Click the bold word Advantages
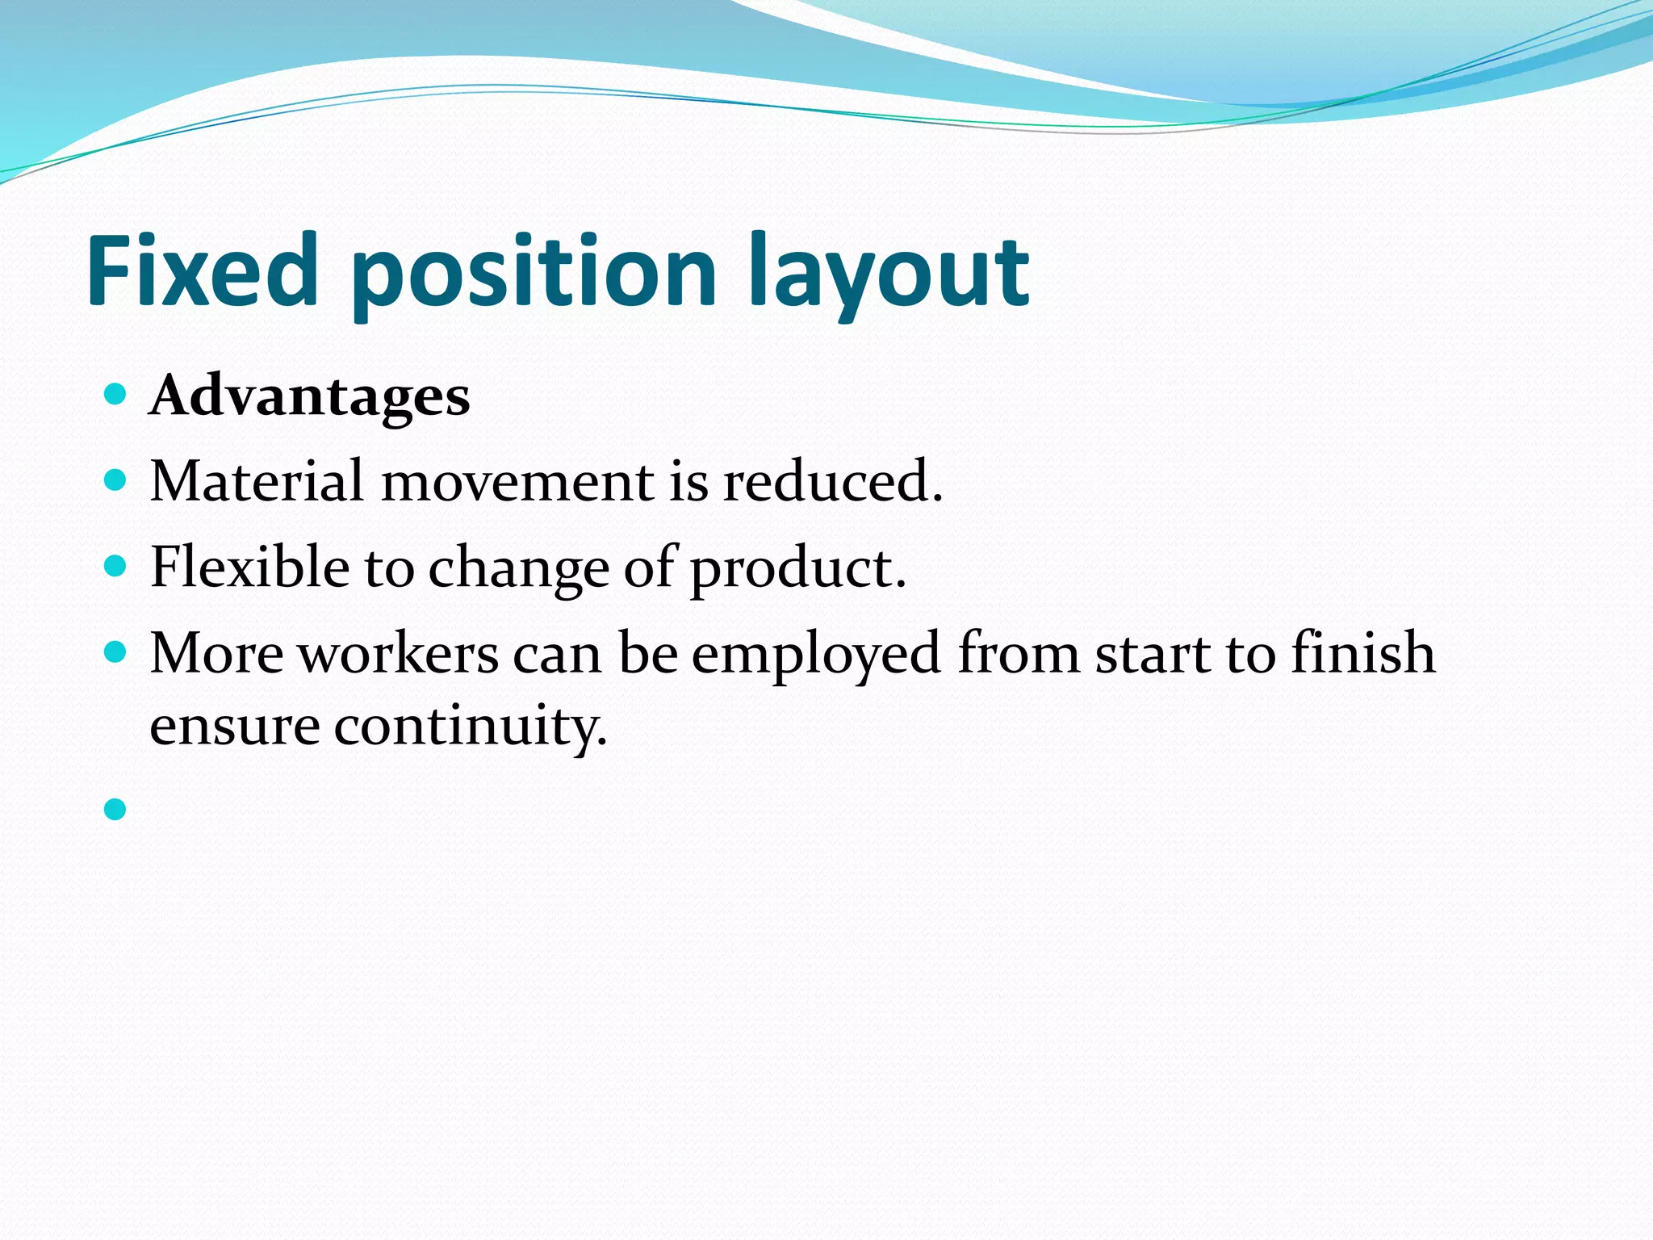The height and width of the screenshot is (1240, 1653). point(309,397)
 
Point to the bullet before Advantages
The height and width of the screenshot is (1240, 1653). point(116,395)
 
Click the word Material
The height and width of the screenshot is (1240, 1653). point(257,481)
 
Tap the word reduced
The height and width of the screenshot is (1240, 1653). point(831,481)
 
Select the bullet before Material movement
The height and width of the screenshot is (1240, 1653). point(116,480)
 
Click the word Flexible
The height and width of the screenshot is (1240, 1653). point(249,567)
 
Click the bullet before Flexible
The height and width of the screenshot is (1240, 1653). point(116,566)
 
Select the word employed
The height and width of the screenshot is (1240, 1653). point(815,654)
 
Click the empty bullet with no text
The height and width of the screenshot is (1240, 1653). point(116,809)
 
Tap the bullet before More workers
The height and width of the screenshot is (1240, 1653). point(116,651)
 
